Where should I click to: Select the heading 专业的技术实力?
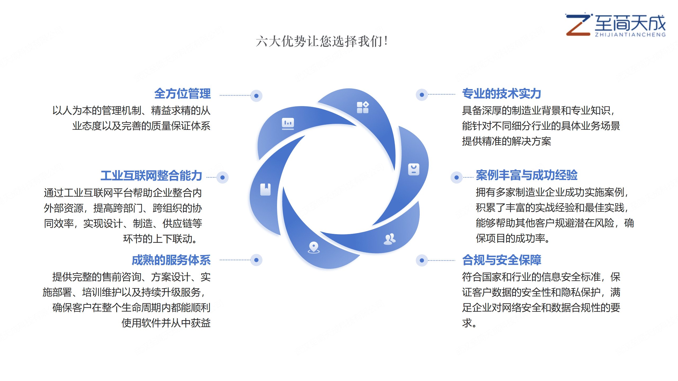(x=501, y=94)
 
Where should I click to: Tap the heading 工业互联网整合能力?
(x=151, y=176)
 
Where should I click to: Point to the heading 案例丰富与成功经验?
(x=527, y=175)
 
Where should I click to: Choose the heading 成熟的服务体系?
(x=171, y=260)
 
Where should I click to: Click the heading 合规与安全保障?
(x=502, y=260)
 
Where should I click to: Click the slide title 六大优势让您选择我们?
(x=322, y=42)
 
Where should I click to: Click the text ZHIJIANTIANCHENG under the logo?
(x=630, y=35)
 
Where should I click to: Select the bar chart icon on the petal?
(x=288, y=124)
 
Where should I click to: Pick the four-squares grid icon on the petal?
(x=363, y=107)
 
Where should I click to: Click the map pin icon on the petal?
(x=314, y=247)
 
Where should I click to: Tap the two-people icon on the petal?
(x=390, y=239)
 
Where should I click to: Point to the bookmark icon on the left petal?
(x=265, y=189)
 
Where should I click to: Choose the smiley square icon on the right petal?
(x=414, y=169)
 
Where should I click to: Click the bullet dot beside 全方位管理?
(x=256, y=96)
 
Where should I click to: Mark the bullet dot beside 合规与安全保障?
(x=422, y=260)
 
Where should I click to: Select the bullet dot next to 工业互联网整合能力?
(x=222, y=178)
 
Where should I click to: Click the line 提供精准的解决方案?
(x=506, y=141)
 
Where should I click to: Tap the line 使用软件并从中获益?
(x=166, y=323)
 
